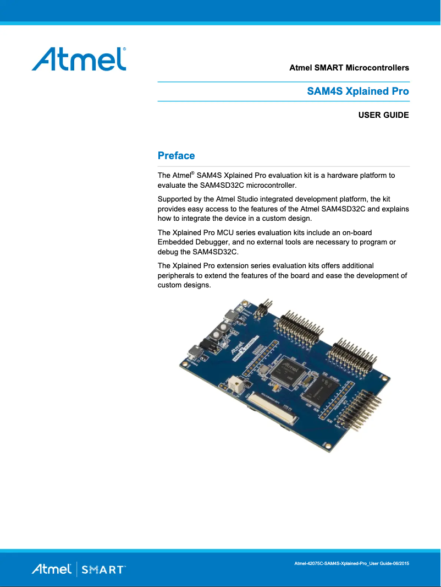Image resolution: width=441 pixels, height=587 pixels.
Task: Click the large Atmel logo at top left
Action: click(79, 58)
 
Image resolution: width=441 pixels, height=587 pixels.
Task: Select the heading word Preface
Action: click(176, 156)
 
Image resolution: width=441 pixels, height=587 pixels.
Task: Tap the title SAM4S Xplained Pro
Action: click(357, 91)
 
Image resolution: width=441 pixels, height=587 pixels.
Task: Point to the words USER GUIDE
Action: click(383, 116)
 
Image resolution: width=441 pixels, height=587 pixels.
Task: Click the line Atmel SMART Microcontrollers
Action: click(349, 68)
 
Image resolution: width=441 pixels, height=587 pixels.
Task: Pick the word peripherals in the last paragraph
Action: click(177, 275)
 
